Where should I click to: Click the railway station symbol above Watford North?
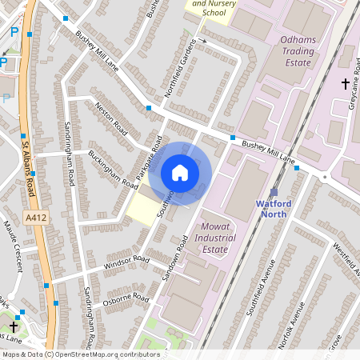tap(274, 192)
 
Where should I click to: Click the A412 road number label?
tap(34, 217)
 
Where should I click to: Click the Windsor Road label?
tap(126, 262)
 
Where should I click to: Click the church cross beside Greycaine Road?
tap(346, 83)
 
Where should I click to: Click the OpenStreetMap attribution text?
tap(80, 354)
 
